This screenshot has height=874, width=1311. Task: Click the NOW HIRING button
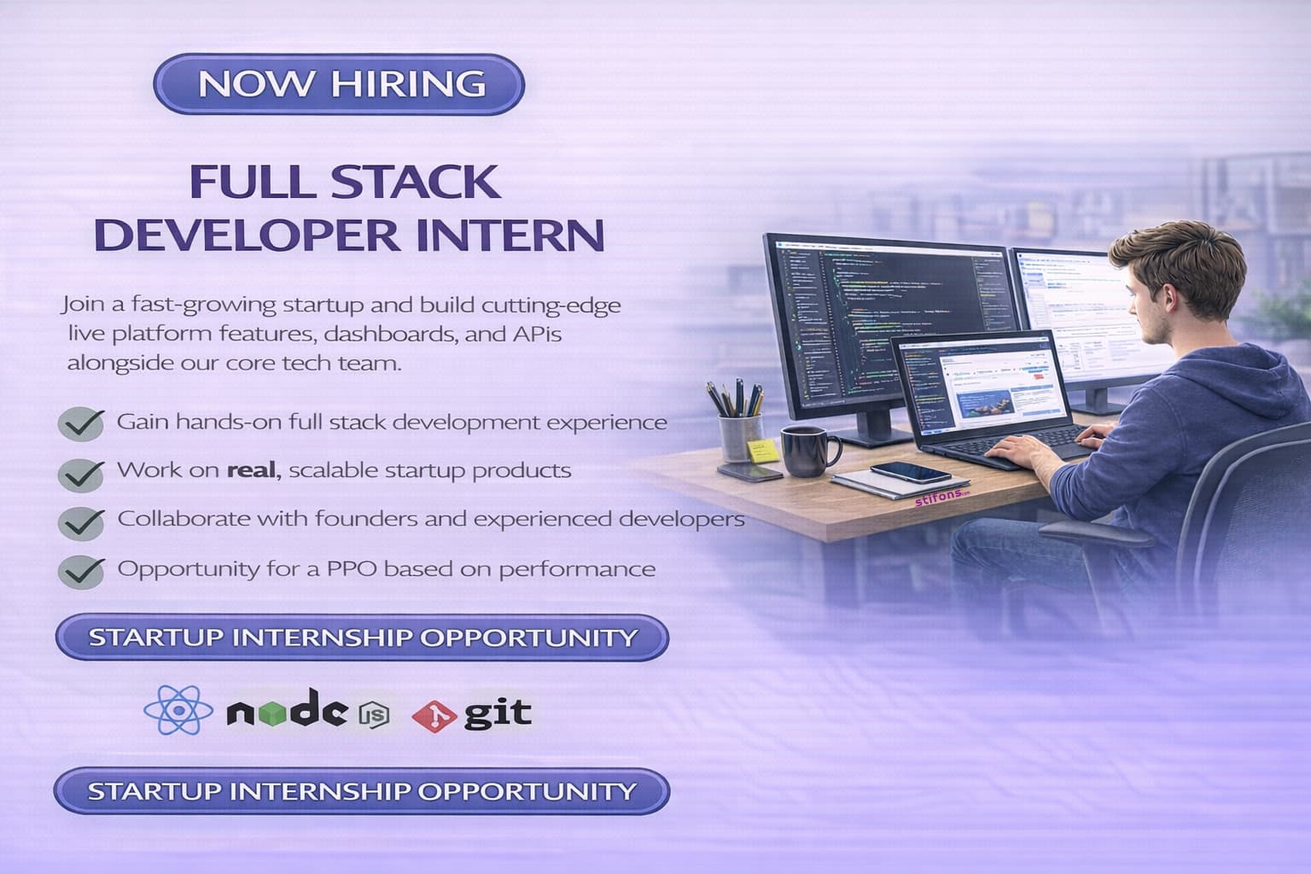[x=339, y=84]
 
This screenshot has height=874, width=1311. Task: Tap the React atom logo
[x=178, y=711]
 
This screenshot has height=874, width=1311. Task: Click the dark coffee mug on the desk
[x=803, y=452]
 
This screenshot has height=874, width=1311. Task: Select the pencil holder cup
[x=740, y=436]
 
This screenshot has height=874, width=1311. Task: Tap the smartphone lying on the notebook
[x=910, y=472]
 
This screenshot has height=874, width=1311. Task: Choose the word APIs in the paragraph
[x=536, y=334]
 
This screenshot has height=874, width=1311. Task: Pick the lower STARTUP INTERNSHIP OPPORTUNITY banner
[x=361, y=791]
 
